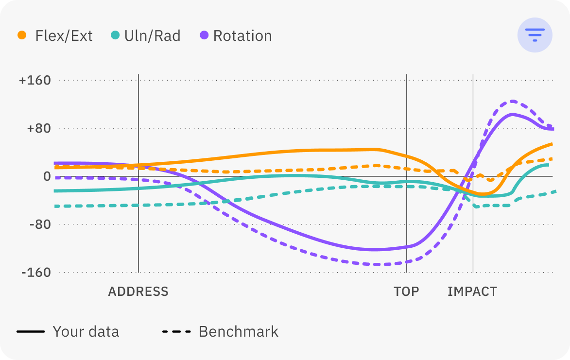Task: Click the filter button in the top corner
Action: [535, 34]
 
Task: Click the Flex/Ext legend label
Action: [64, 36]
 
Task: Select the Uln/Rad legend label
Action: [152, 36]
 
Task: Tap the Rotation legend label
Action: [242, 36]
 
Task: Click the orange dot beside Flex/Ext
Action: [22, 35]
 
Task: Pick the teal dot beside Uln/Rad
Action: [115, 35]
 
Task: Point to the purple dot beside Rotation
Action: [205, 35]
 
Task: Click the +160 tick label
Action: [35, 81]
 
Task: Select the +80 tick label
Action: [37, 129]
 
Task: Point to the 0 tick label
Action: [47, 176]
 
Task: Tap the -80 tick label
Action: [39, 224]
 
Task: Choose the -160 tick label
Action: [36, 272]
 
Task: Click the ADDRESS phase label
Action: [138, 292]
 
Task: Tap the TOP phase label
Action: [406, 292]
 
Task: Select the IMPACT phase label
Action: [472, 292]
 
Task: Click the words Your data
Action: [86, 332]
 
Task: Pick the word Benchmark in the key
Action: [238, 332]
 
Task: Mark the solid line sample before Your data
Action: [31, 332]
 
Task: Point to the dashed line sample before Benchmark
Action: [176, 332]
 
